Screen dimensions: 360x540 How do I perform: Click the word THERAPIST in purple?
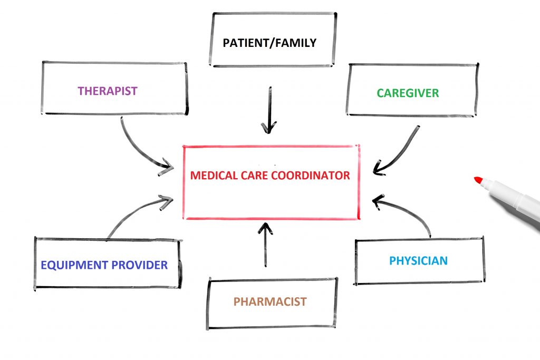(x=108, y=91)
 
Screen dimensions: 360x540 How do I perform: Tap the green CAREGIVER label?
(x=408, y=93)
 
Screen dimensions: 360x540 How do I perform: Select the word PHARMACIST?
(x=270, y=302)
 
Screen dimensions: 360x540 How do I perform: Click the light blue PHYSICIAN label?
(x=418, y=260)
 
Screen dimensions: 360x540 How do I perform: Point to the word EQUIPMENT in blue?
(x=74, y=265)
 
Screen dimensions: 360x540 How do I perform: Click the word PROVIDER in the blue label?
(x=139, y=265)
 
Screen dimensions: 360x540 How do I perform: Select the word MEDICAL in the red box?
(x=211, y=176)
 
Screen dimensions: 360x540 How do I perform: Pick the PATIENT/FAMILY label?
(x=269, y=43)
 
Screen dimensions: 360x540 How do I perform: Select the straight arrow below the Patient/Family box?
(x=269, y=108)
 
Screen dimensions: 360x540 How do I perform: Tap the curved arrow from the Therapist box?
(x=138, y=148)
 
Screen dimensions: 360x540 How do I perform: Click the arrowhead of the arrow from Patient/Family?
(x=269, y=128)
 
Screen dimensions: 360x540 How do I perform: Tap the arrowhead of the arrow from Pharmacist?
(x=266, y=228)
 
